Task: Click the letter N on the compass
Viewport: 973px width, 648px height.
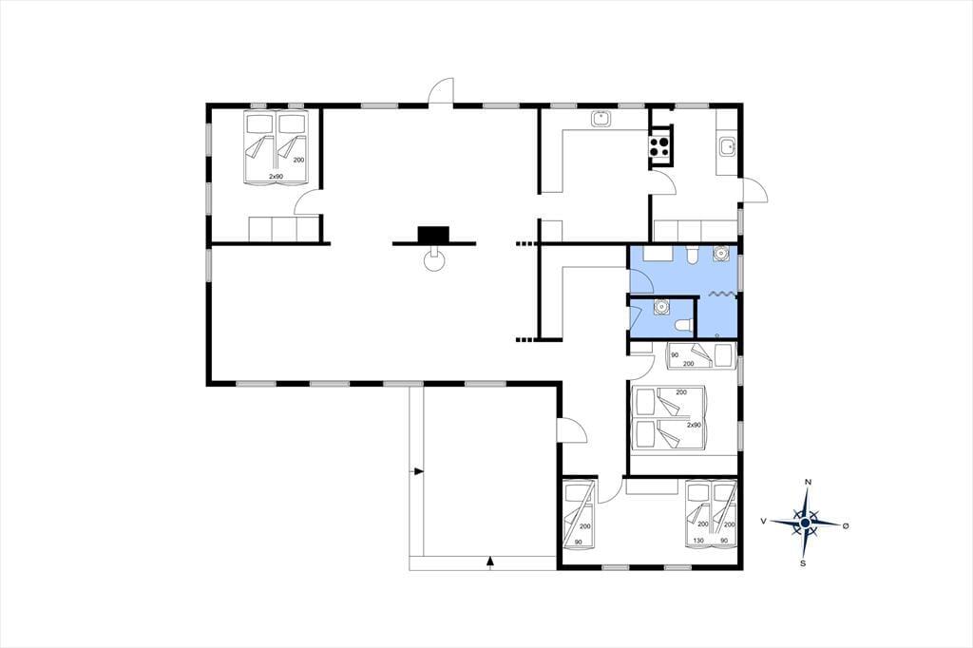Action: pos(808,483)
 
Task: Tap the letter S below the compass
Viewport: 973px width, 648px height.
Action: pos(803,563)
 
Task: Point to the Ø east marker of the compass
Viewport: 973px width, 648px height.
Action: pos(845,525)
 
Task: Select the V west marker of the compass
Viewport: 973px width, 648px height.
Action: pos(763,522)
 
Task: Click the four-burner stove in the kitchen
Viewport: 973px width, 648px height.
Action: pos(659,146)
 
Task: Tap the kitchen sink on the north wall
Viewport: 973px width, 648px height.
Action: pos(601,119)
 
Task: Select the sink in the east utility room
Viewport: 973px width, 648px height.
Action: pos(727,147)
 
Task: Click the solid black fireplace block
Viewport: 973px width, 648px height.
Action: pos(432,235)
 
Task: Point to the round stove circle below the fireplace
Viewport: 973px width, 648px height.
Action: pos(433,260)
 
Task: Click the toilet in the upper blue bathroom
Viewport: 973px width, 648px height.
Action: pos(693,254)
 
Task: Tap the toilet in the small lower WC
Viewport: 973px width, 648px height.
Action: pos(682,325)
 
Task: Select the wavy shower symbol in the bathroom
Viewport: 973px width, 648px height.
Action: pos(721,294)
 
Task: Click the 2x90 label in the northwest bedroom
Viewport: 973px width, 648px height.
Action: pos(276,177)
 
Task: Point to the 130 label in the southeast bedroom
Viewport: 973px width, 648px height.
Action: pos(698,542)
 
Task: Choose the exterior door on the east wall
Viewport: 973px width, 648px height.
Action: pos(754,190)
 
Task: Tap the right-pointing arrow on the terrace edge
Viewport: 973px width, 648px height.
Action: pos(419,471)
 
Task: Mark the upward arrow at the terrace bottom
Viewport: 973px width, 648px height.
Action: pos(490,562)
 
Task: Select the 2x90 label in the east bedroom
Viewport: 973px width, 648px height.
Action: pos(694,425)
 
